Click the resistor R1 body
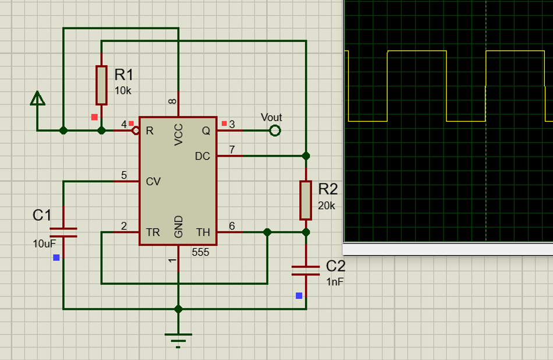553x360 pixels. click(101, 85)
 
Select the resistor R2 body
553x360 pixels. click(306, 200)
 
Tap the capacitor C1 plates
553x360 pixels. click(63, 232)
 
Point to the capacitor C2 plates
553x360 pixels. click(306, 270)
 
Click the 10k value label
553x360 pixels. click(123, 91)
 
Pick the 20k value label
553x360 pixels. click(327, 206)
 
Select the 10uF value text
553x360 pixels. click(44, 243)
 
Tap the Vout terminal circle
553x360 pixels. click(275, 130)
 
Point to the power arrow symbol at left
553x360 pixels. click(38, 99)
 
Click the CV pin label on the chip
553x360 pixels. click(153, 182)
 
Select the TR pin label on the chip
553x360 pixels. click(153, 232)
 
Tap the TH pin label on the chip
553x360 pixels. click(203, 232)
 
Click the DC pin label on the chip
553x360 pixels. click(203, 156)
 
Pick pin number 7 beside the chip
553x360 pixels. click(232, 150)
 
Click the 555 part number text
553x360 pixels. click(200, 252)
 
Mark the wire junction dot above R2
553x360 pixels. click(306, 156)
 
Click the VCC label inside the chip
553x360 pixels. click(179, 135)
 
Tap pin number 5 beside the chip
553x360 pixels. click(123, 175)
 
